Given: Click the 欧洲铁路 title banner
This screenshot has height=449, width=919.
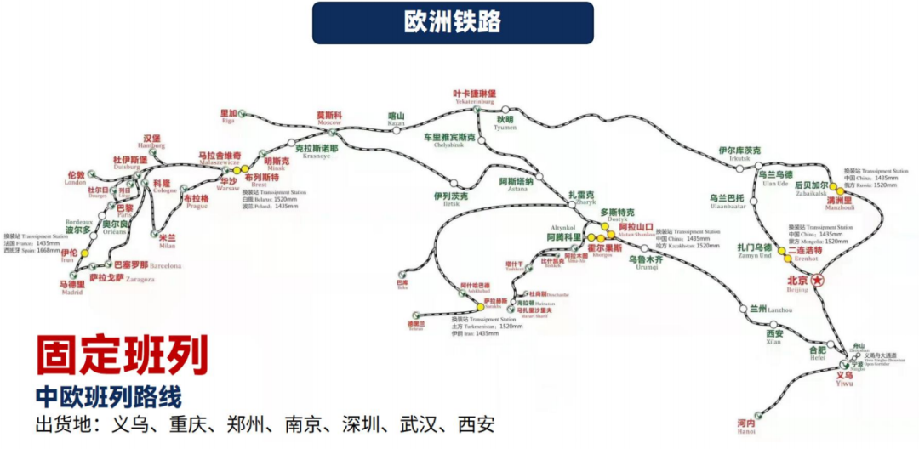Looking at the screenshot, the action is point(453,22).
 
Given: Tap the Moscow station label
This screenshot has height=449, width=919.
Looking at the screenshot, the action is point(329,117).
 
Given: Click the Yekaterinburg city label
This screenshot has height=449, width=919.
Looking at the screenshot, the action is point(474,96).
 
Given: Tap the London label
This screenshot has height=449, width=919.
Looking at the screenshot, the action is point(76,178).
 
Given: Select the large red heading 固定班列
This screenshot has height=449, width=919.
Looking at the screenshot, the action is point(122,356).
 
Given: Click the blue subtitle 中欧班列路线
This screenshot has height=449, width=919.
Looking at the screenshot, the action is point(108,396).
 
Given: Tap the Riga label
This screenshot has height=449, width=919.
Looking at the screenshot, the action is point(227,116).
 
